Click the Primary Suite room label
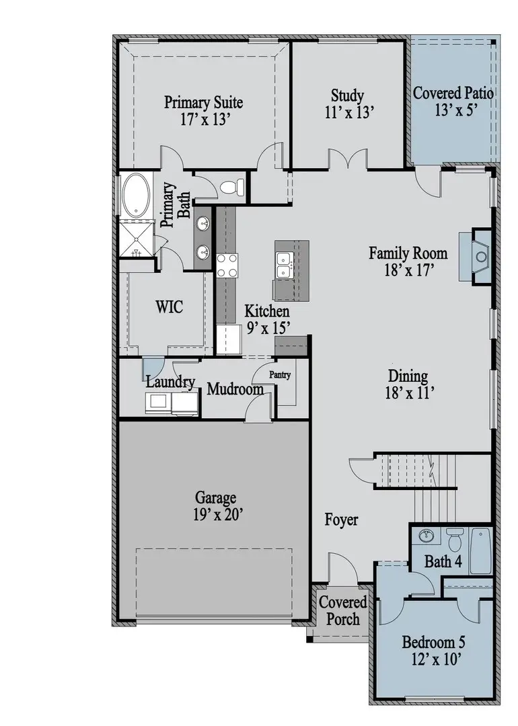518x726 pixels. tap(203, 103)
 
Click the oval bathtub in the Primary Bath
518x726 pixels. tap(137, 195)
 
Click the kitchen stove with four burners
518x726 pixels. tap(227, 264)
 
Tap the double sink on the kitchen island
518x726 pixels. tap(284, 263)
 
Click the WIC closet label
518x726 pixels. tap(169, 307)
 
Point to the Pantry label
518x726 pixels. tap(280, 375)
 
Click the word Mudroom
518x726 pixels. tap(235, 389)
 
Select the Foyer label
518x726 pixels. tap(341, 520)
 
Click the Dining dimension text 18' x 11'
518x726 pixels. tap(408, 393)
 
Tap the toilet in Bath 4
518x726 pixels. tap(454, 538)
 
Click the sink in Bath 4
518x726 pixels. tap(425, 536)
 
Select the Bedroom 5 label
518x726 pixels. tap(434, 642)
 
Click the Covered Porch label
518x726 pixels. tap(342, 610)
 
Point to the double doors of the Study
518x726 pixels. tap(347, 160)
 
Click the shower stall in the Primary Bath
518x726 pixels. tap(137, 238)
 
